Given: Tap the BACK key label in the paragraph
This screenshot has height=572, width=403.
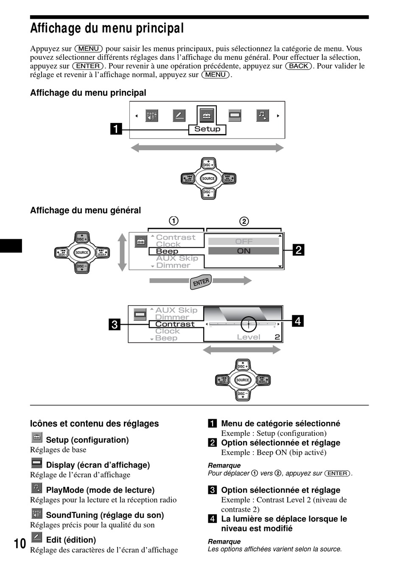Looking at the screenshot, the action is click(299, 66).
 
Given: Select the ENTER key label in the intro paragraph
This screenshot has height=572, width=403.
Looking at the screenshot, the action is click(88, 66).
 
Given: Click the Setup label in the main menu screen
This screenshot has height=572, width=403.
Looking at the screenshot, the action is click(207, 129).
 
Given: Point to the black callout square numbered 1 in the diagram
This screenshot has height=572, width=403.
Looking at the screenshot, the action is click(116, 128).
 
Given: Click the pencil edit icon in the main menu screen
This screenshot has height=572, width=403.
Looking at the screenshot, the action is click(179, 115).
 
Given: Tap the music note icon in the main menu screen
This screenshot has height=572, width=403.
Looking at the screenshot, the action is click(263, 115).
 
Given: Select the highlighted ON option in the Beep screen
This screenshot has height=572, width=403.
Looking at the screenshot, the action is click(243, 251).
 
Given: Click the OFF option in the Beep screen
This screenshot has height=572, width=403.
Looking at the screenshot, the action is click(243, 241).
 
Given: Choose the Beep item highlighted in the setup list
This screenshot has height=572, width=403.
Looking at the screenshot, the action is click(167, 251).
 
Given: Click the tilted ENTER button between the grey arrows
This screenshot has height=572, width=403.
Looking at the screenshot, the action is click(201, 282).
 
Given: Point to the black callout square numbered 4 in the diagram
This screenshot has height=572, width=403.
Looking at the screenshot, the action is click(298, 321).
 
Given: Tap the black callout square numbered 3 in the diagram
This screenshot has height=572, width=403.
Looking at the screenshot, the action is click(115, 324).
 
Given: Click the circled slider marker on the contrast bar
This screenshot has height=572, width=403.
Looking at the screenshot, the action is click(249, 324).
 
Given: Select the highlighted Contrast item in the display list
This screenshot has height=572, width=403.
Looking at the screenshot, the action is click(175, 324).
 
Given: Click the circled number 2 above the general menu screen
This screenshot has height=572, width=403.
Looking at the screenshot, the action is click(244, 221).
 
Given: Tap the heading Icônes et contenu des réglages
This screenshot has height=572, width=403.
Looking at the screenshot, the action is click(94, 424).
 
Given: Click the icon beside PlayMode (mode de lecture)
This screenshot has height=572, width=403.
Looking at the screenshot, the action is click(37, 488).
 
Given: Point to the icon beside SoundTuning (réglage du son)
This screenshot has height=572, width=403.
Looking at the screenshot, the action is click(37, 513).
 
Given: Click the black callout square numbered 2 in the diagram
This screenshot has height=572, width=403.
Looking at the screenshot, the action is click(299, 250).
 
